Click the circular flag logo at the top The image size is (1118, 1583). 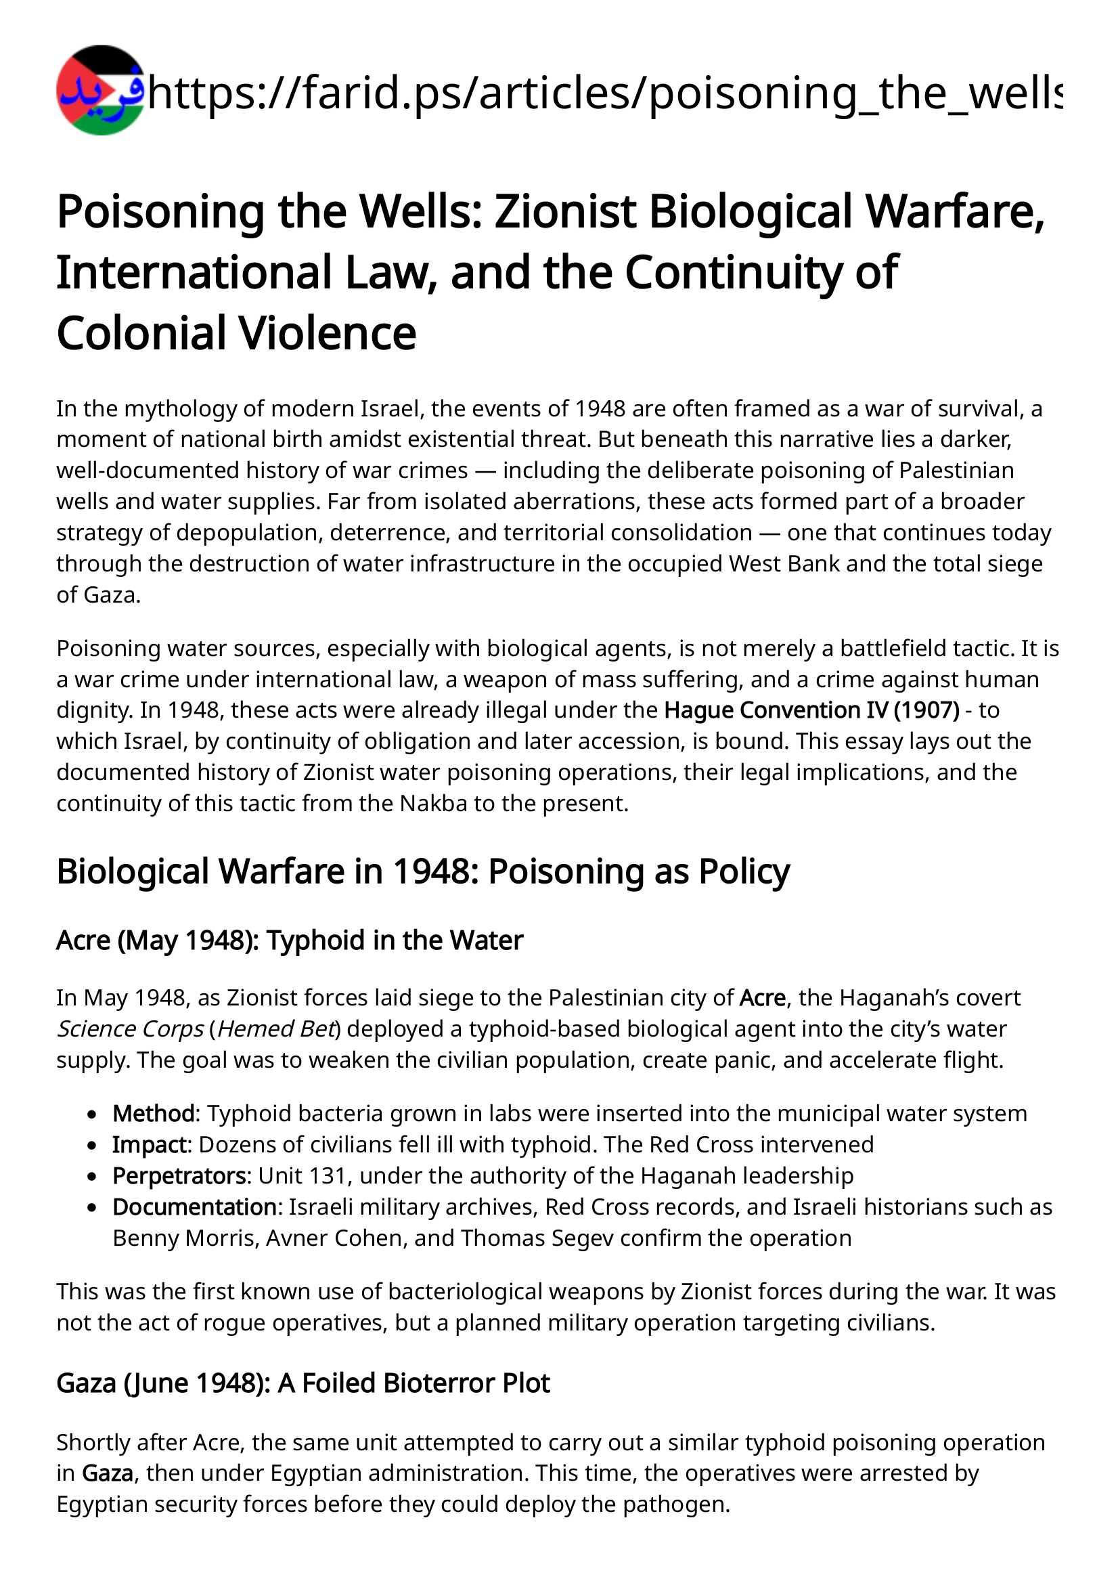pyautogui.click(x=101, y=90)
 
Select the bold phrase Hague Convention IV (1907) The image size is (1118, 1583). pyautogui.click(x=811, y=710)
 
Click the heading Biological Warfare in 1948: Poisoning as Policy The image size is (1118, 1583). pyautogui.click(x=422, y=871)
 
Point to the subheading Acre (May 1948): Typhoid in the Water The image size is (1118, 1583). pyautogui.click(x=290, y=940)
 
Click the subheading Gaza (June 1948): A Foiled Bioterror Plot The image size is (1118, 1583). pyautogui.click(x=303, y=1383)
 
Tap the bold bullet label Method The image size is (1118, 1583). pyautogui.click(x=154, y=1114)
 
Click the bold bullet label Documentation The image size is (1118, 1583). pyautogui.click(x=194, y=1207)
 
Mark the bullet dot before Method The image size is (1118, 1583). pyautogui.click(x=92, y=1114)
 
